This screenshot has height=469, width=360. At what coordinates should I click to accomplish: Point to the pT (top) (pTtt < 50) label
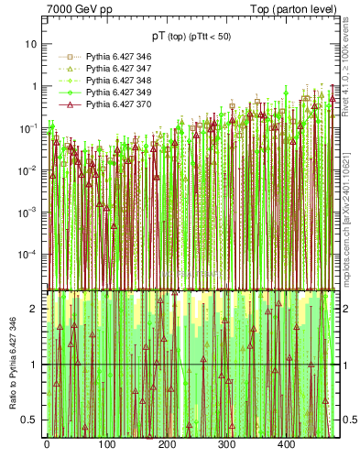tap(191, 36)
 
